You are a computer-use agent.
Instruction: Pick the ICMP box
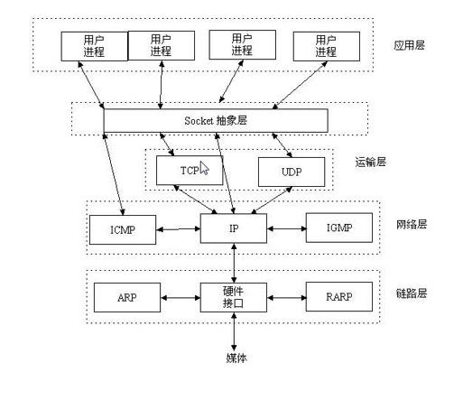(x=122, y=229)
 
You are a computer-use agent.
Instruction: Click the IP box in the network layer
(x=234, y=229)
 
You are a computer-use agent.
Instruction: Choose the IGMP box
(x=339, y=228)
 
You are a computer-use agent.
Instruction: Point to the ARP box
(x=126, y=296)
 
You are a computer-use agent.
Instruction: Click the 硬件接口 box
(x=234, y=296)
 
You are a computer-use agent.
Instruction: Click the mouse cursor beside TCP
(x=205, y=167)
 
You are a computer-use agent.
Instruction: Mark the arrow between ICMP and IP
(x=178, y=229)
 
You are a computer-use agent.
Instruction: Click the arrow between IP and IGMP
(x=287, y=229)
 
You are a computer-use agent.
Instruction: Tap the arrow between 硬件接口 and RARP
(x=287, y=296)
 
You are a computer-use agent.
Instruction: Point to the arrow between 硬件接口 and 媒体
(x=235, y=331)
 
